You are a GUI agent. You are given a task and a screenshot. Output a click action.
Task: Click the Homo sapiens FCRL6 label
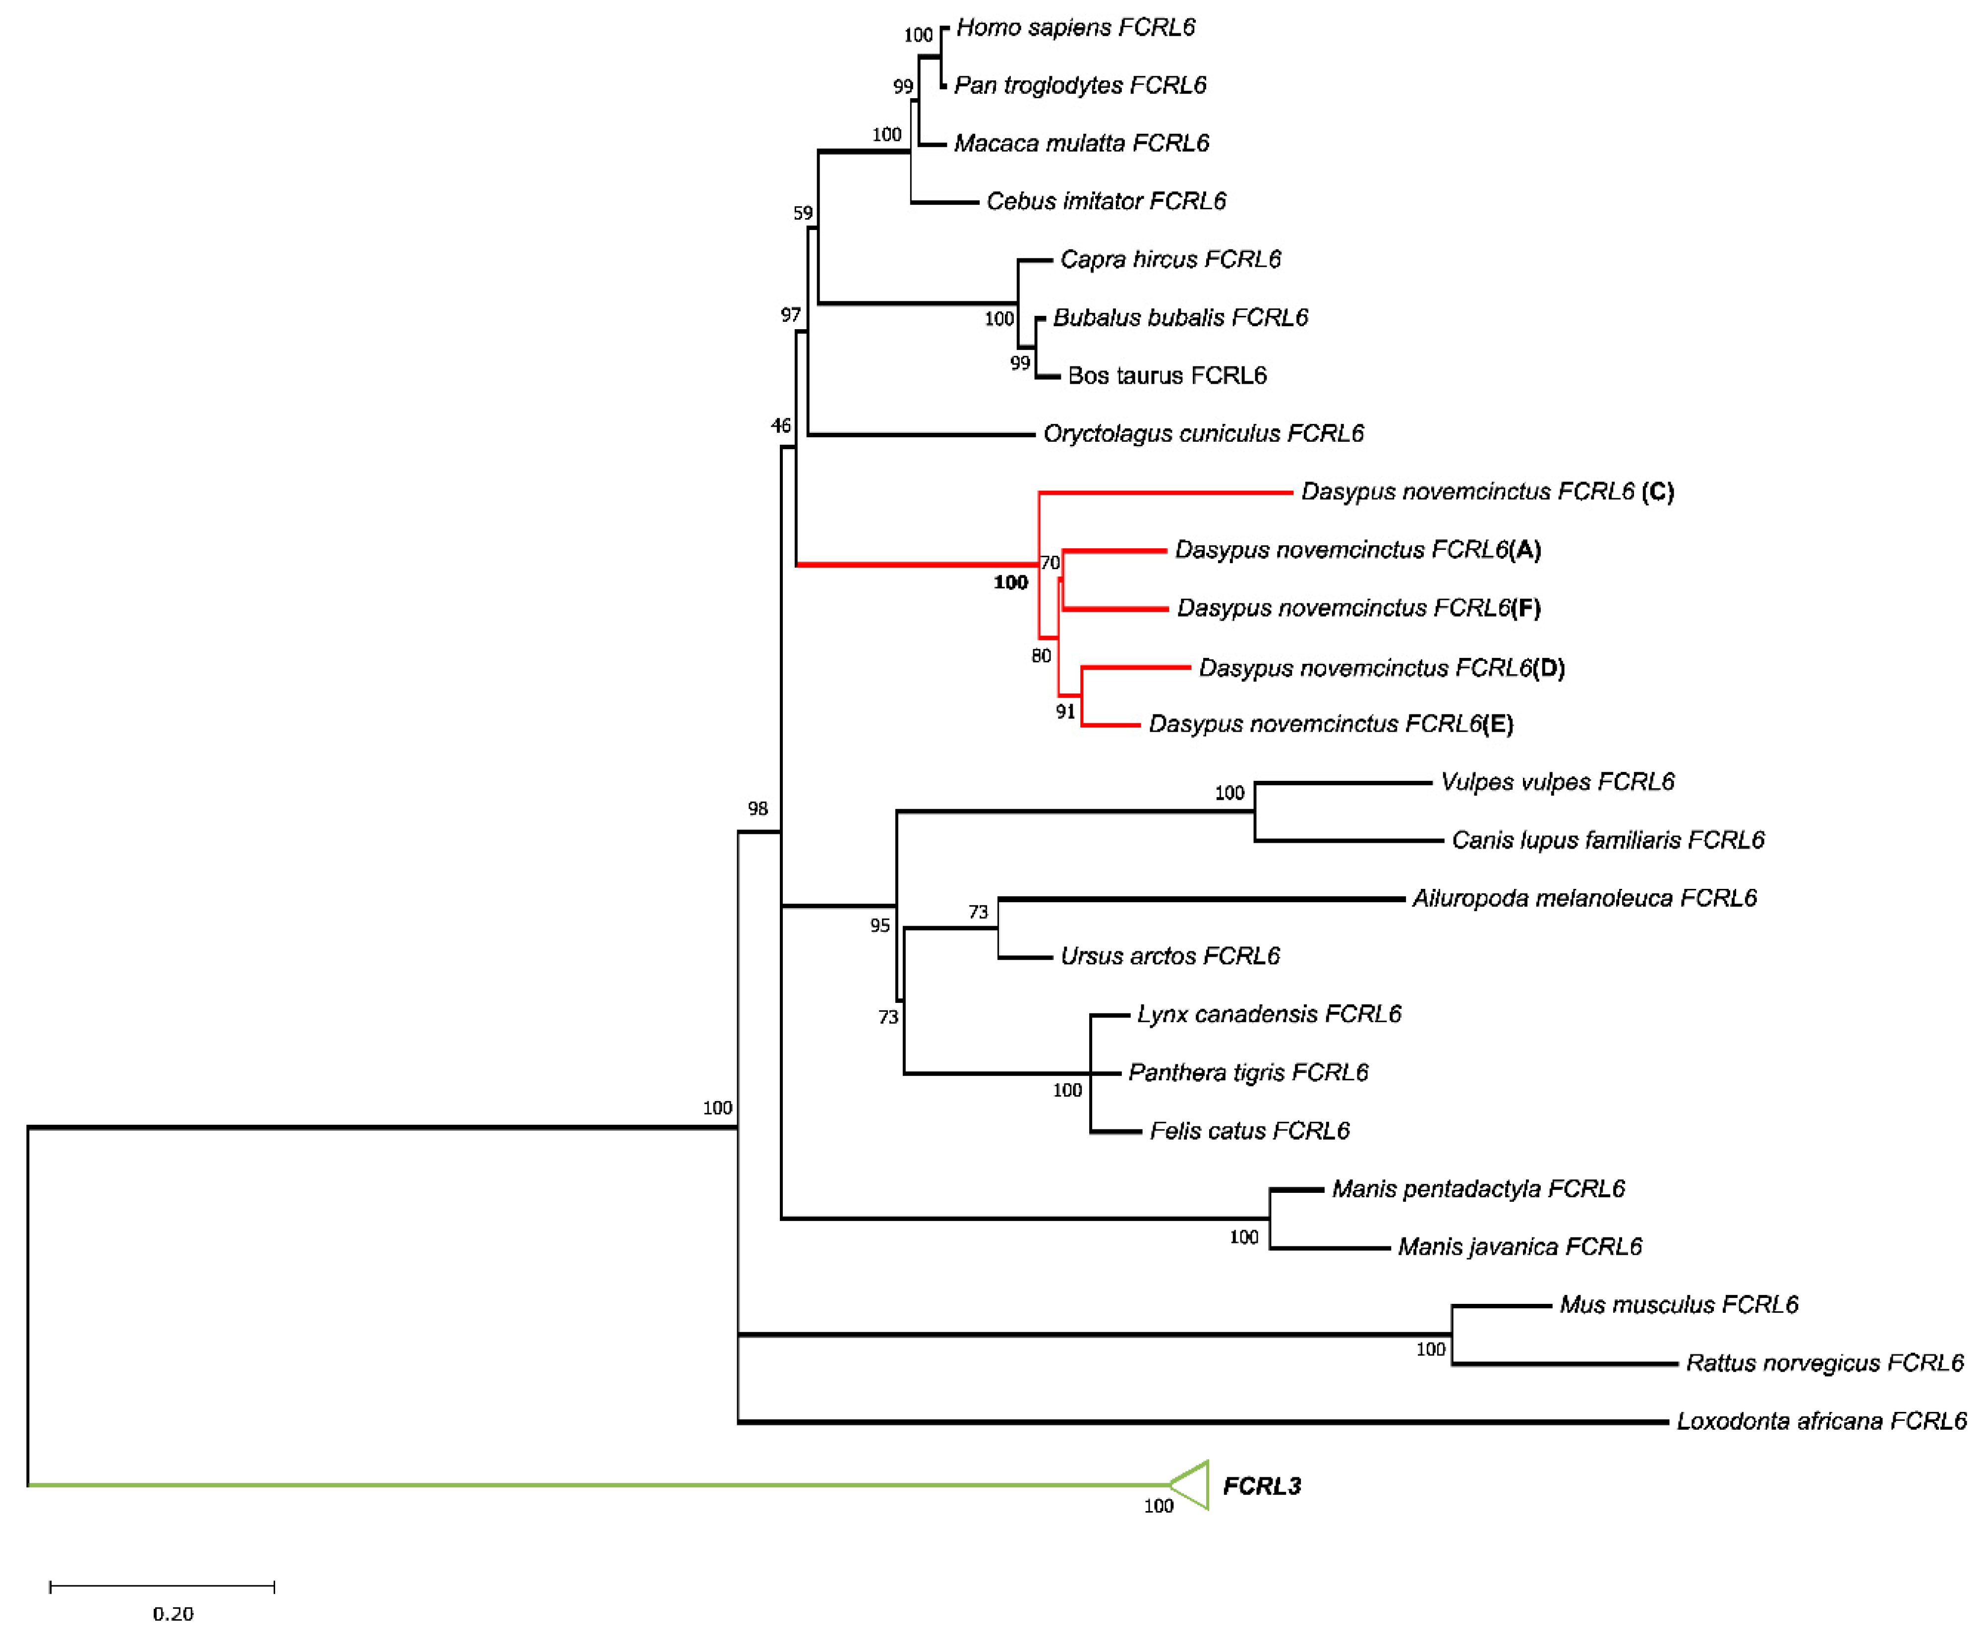(x=1075, y=27)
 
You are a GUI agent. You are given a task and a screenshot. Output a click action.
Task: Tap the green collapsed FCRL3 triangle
(x=1191, y=1485)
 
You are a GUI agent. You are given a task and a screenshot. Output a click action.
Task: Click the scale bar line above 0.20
(x=162, y=1587)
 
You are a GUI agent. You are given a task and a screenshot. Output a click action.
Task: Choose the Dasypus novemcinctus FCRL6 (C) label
(x=1487, y=492)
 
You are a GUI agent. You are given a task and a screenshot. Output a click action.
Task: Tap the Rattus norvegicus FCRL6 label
(x=1824, y=1363)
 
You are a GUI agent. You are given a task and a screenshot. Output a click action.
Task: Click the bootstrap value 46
(x=781, y=426)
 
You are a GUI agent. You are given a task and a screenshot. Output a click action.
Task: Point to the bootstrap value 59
(x=802, y=213)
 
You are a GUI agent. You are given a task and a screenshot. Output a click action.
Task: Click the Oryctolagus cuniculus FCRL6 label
(x=1203, y=433)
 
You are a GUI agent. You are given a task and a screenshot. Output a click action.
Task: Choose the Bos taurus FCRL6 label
(x=1167, y=376)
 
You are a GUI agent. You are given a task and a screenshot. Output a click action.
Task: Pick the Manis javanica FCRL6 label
(x=1519, y=1247)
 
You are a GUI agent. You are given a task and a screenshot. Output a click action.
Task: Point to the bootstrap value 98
(x=758, y=808)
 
